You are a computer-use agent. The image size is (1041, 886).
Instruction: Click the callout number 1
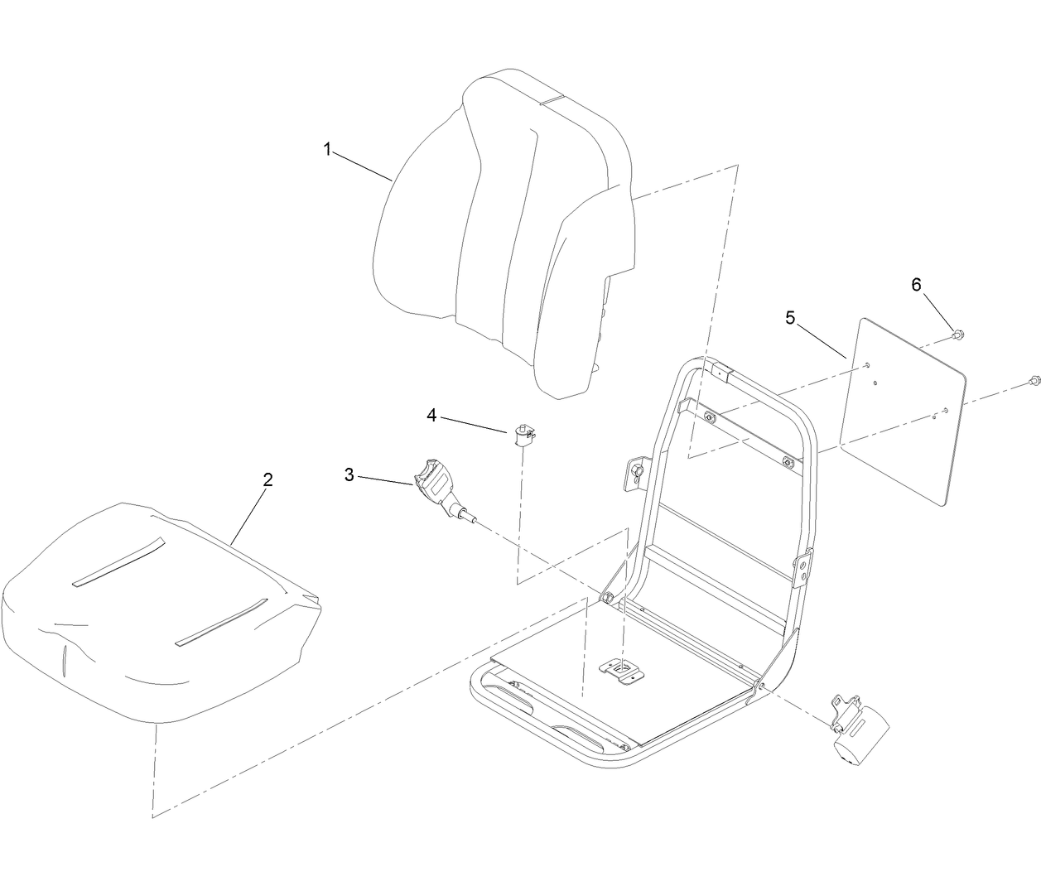pyautogui.click(x=327, y=149)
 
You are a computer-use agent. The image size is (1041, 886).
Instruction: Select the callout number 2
pyautogui.click(x=267, y=479)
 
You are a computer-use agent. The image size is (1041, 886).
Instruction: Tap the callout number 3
pyautogui.click(x=349, y=474)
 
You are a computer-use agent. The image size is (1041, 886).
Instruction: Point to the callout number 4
pyautogui.click(x=431, y=415)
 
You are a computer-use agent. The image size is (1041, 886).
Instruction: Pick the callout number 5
pyautogui.click(x=790, y=317)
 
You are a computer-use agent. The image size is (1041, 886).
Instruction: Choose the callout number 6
pyautogui.click(x=916, y=284)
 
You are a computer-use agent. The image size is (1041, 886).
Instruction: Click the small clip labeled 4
pyautogui.click(x=522, y=433)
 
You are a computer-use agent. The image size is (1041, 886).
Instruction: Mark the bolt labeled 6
pyautogui.click(x=957, y=335)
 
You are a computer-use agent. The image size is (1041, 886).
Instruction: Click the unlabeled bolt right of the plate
pyautogui.click(x=1033, y=381)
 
